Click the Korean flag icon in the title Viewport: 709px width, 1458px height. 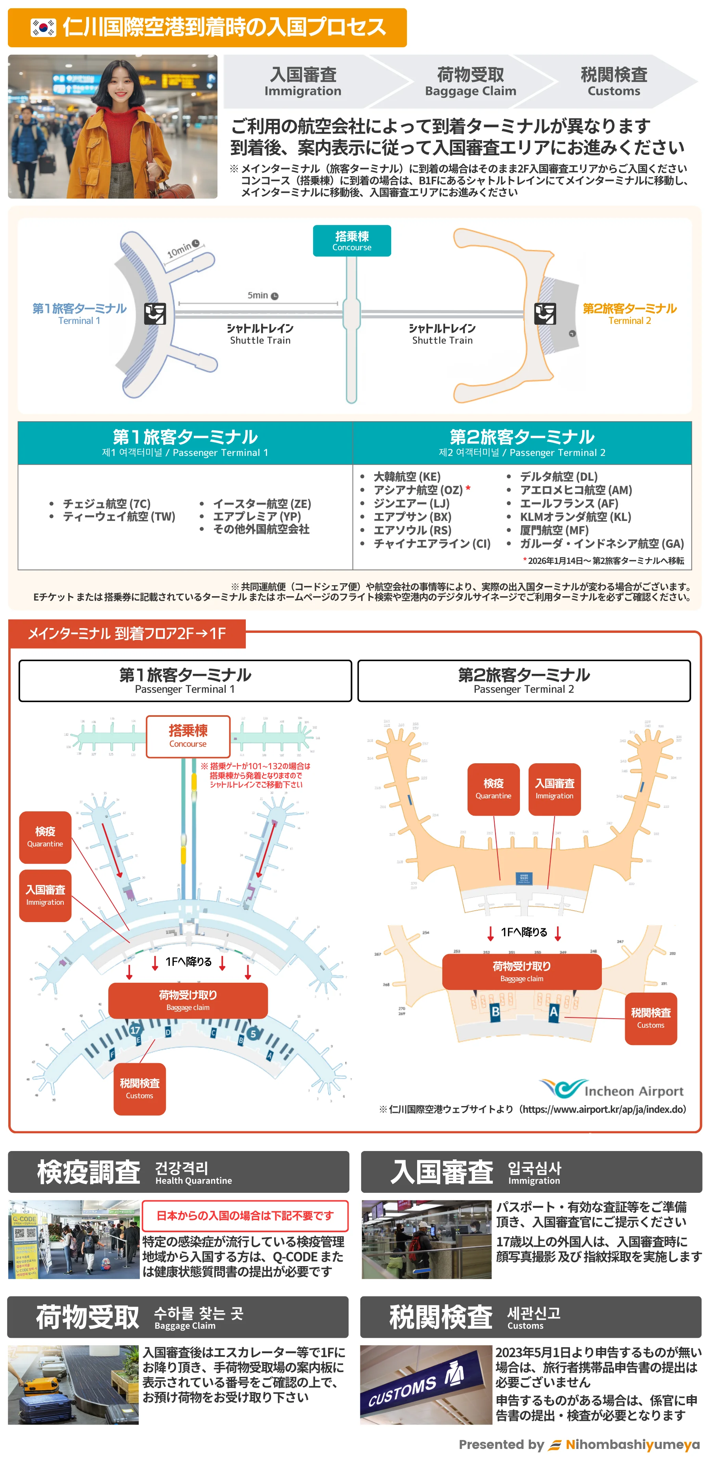43,28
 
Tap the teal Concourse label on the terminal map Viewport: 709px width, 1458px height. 351,240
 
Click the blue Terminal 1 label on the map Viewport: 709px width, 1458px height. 79,314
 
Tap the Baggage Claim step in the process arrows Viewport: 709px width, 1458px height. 470,82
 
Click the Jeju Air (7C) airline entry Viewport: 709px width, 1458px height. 106,503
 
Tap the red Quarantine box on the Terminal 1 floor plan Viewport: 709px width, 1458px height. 45,837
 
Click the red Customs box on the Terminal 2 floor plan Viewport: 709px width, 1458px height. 650,1018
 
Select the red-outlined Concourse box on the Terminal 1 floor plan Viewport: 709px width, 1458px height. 188,736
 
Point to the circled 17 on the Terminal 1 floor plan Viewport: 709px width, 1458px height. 135,1030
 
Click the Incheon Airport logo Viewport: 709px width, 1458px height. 611,1088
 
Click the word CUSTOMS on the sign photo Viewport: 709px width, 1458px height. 403,1390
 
